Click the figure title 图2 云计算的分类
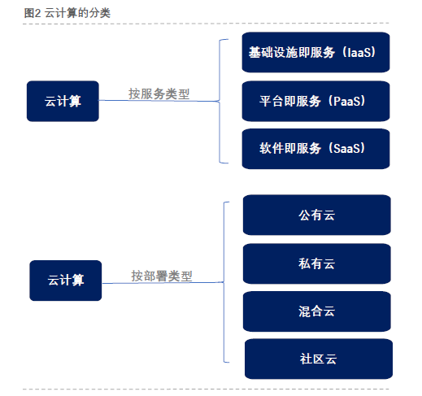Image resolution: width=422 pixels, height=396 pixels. [67, 11]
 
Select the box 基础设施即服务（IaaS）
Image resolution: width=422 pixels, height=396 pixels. [315, 53]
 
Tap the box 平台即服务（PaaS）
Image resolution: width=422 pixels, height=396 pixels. [315, 102]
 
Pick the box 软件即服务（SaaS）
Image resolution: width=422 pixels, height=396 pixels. [315, 149]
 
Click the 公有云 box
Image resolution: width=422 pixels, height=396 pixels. [316, 215]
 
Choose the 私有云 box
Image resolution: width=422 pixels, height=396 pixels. [316, 263]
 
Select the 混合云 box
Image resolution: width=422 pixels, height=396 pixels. [316, 311]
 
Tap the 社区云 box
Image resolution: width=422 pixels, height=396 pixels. [318, 359]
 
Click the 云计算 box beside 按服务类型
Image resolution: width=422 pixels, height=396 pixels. [63, 101]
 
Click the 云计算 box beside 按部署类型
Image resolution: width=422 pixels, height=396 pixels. [65, 281]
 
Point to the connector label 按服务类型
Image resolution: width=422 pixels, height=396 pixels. [159, 94]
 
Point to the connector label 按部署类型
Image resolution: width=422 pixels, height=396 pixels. [162, 276]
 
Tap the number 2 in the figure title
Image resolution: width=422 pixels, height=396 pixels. [38, 11]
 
